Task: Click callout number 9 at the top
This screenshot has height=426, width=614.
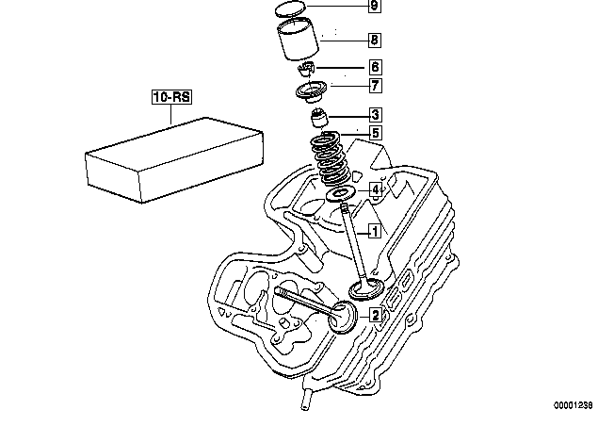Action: [x=375, y=6]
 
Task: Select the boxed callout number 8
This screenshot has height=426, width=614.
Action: [x=375, y=40]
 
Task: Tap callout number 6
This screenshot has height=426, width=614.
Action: [x=375, y=67]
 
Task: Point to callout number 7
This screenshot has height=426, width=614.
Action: [x=375, y=86]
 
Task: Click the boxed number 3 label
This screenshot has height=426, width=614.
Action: [x=375, y=115]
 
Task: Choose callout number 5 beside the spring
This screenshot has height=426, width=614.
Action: [x=375, y=133]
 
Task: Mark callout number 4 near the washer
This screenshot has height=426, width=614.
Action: [x=376, y=190]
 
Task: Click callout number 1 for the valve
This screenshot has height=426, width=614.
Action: [x=375, y=232]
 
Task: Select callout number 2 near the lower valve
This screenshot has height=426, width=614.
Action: [x=375, y=315]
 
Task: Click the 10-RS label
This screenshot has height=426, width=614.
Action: [x=172, y=97]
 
